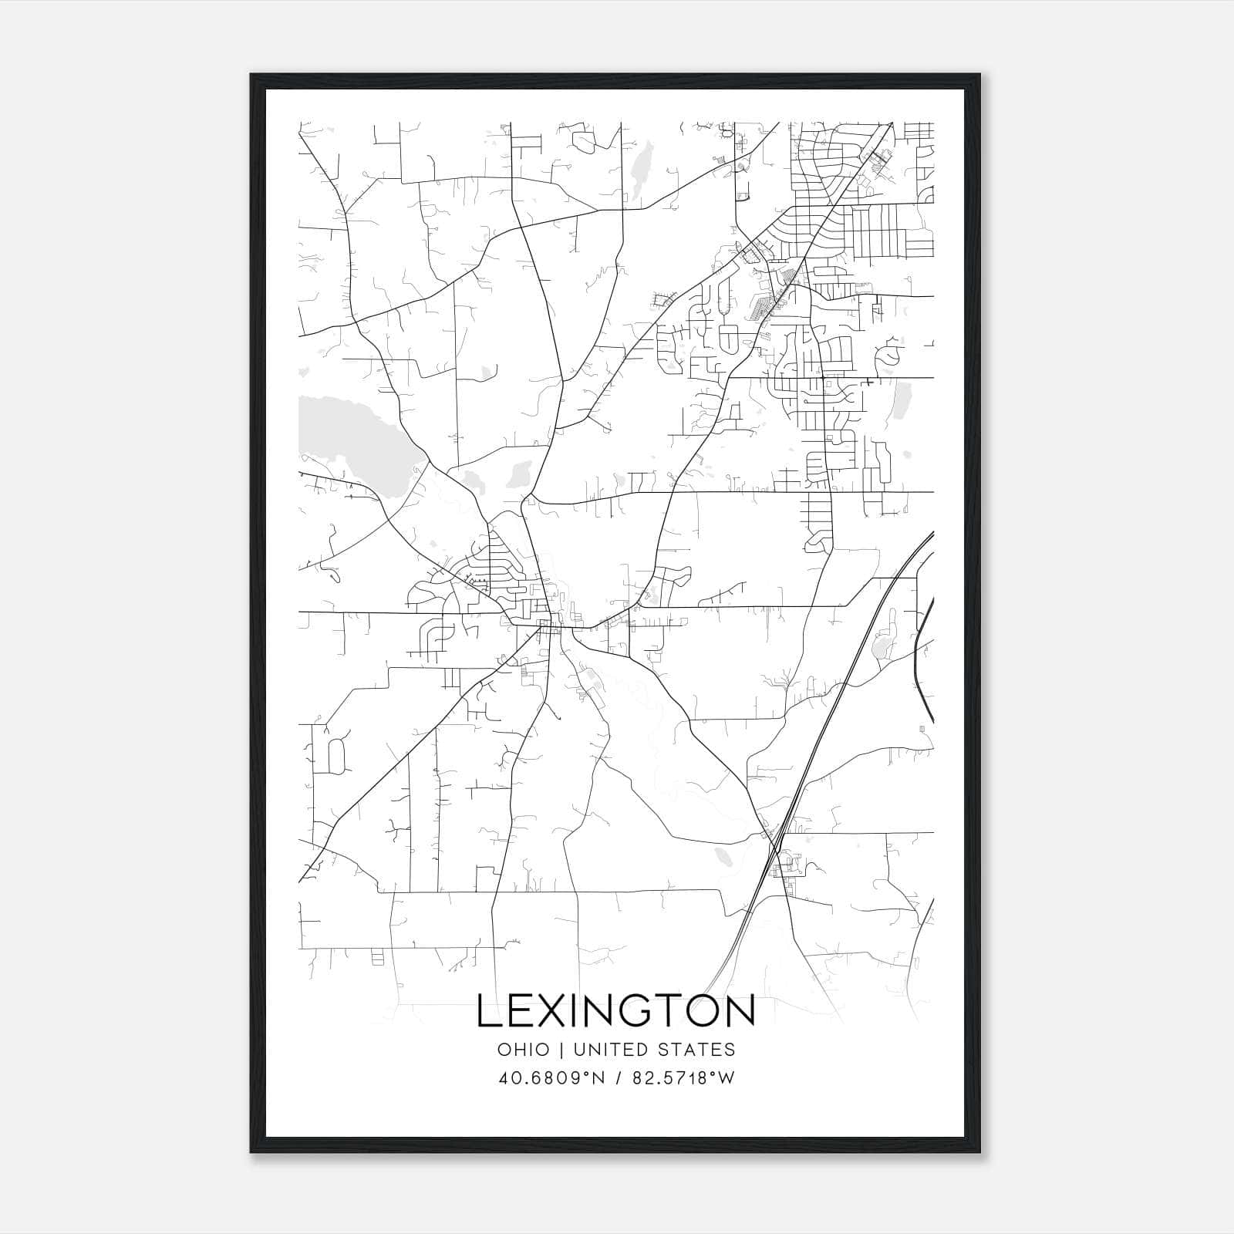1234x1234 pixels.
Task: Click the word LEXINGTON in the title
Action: point(615,1011)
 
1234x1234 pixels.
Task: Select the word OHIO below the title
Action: point(524,1050)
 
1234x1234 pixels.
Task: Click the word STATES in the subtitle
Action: point(697,1050)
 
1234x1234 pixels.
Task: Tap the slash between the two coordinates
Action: point(618,1078)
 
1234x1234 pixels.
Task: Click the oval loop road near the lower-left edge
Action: point(335,756)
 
